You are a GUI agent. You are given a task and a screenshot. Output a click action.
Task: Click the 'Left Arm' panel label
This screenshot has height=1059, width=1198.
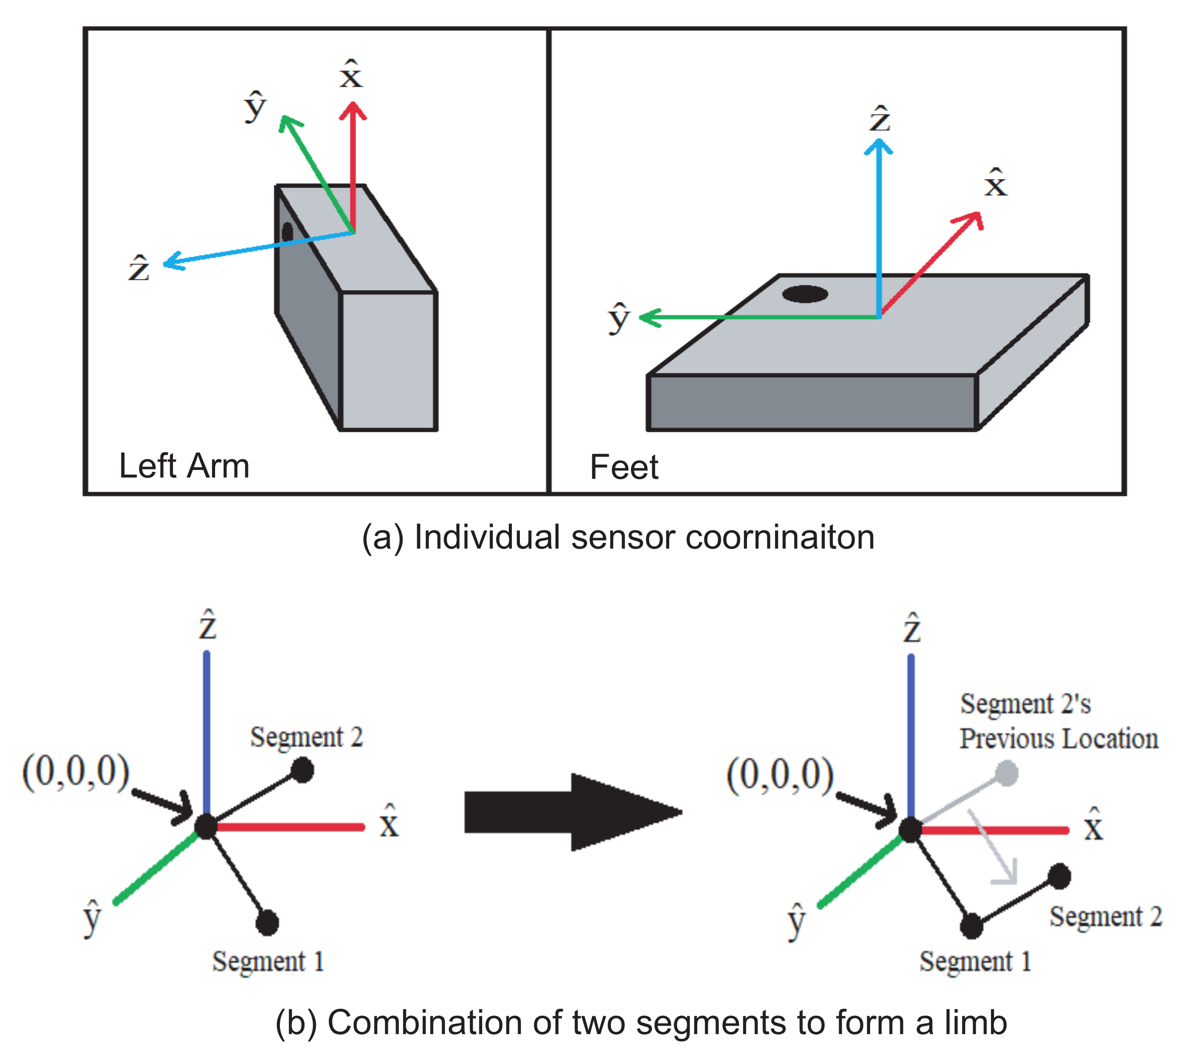(x=184, y=466)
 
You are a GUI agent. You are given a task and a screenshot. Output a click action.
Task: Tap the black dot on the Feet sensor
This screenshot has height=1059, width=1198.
(x=805, y=294)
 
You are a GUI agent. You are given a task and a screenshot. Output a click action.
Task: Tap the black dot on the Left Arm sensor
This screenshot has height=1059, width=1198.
(x=287, y=231)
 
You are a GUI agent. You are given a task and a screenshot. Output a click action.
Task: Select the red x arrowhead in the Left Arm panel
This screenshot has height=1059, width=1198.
(x=352, y=110)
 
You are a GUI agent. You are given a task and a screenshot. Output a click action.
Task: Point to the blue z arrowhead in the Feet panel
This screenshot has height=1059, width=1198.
(x=879, y=145)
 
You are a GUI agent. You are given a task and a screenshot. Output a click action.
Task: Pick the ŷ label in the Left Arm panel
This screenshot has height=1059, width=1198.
(x=255, y=106)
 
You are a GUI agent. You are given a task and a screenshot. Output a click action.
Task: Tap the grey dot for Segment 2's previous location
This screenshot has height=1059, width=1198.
(x=1006, y=773)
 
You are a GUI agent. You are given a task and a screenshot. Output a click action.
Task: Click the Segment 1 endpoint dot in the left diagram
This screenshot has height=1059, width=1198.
(x=267, y=923)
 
